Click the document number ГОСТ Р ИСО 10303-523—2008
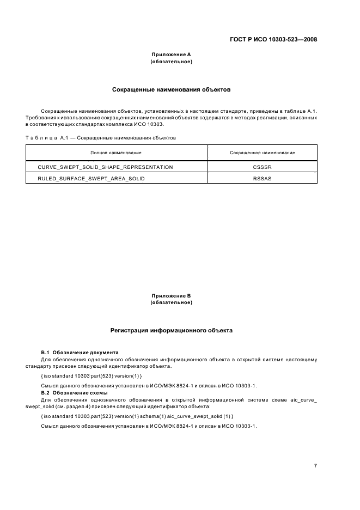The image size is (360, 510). (x=273, y=39)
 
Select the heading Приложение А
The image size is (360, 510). (x=171, y=54)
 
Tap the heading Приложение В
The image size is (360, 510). (x=171, y=295)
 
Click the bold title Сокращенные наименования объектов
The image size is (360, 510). (x=171, y=89)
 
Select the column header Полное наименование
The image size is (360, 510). (x=116, y=153)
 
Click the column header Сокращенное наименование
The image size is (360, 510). (x=262, y=153)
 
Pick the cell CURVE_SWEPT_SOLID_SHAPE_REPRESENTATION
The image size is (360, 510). (x=105, y=167)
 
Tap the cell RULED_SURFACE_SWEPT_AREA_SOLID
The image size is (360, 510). (x=91, y=178)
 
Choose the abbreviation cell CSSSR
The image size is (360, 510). (x=262, y=167)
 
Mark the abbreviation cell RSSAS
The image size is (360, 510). (x=262, y=178)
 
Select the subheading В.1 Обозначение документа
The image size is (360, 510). (x=80, y=353)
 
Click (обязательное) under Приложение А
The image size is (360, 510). (x=171, y=62)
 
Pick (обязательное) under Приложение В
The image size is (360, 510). (x=171, y=302)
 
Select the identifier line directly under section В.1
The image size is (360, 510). (x=91, y=377)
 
